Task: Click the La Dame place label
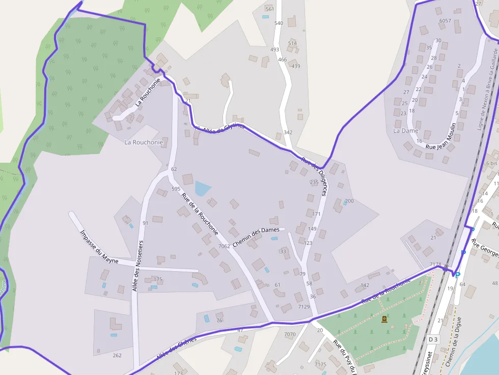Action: click(x=406, y=131)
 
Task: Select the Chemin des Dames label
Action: click(x=256, y=237)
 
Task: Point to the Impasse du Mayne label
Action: click(x=99, y=247)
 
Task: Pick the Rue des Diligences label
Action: click(x=314, y=176)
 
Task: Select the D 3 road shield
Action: click(x=433, y=339)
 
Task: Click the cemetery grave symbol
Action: click(x=384, y=319)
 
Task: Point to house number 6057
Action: click(x=445, y=21)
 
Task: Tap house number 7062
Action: click(x=224, y=246)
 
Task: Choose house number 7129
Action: click(x=304, y=306)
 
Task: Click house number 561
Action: click(x=270, y=9)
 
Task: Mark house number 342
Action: click(x=288, y=132)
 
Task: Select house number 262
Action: click(x=117, y=355)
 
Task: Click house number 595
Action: click(x=176, y=189)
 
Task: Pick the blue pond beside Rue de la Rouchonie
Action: click(x=202, y=188)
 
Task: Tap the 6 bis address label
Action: click(x=491, y=163)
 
